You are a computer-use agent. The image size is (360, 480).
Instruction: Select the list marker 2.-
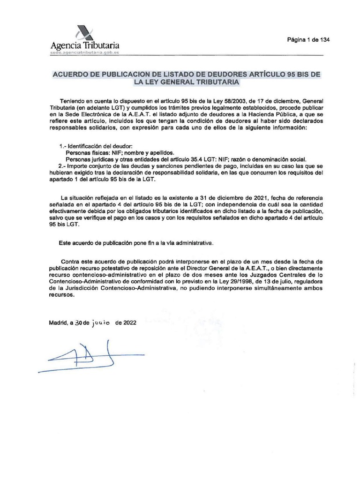[x=61, y=165]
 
